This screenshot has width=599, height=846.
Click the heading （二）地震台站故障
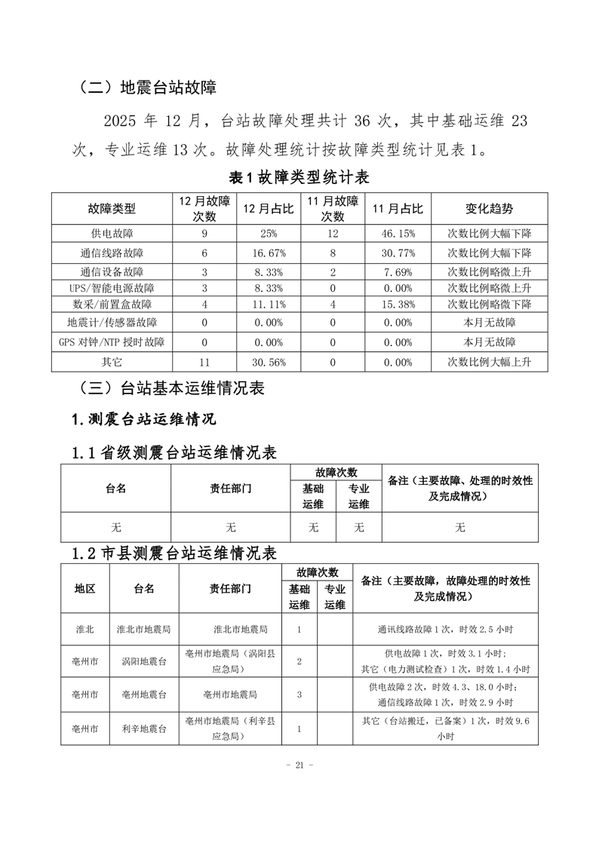pos(148,87)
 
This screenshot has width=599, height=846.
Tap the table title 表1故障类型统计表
pos(299,178)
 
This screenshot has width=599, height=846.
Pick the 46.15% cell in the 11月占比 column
pos(398,234)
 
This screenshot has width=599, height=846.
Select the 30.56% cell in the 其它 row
pos(269,362)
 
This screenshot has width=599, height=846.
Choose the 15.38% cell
pos(398,305)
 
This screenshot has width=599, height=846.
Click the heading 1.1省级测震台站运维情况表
pos(174,453)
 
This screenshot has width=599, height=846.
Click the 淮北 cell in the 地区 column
pos(85,629)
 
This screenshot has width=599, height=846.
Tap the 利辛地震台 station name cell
pos(144,728)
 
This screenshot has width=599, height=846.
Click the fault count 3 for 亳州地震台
pos(299,694)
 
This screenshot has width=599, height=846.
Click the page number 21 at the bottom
pos(299,765)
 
